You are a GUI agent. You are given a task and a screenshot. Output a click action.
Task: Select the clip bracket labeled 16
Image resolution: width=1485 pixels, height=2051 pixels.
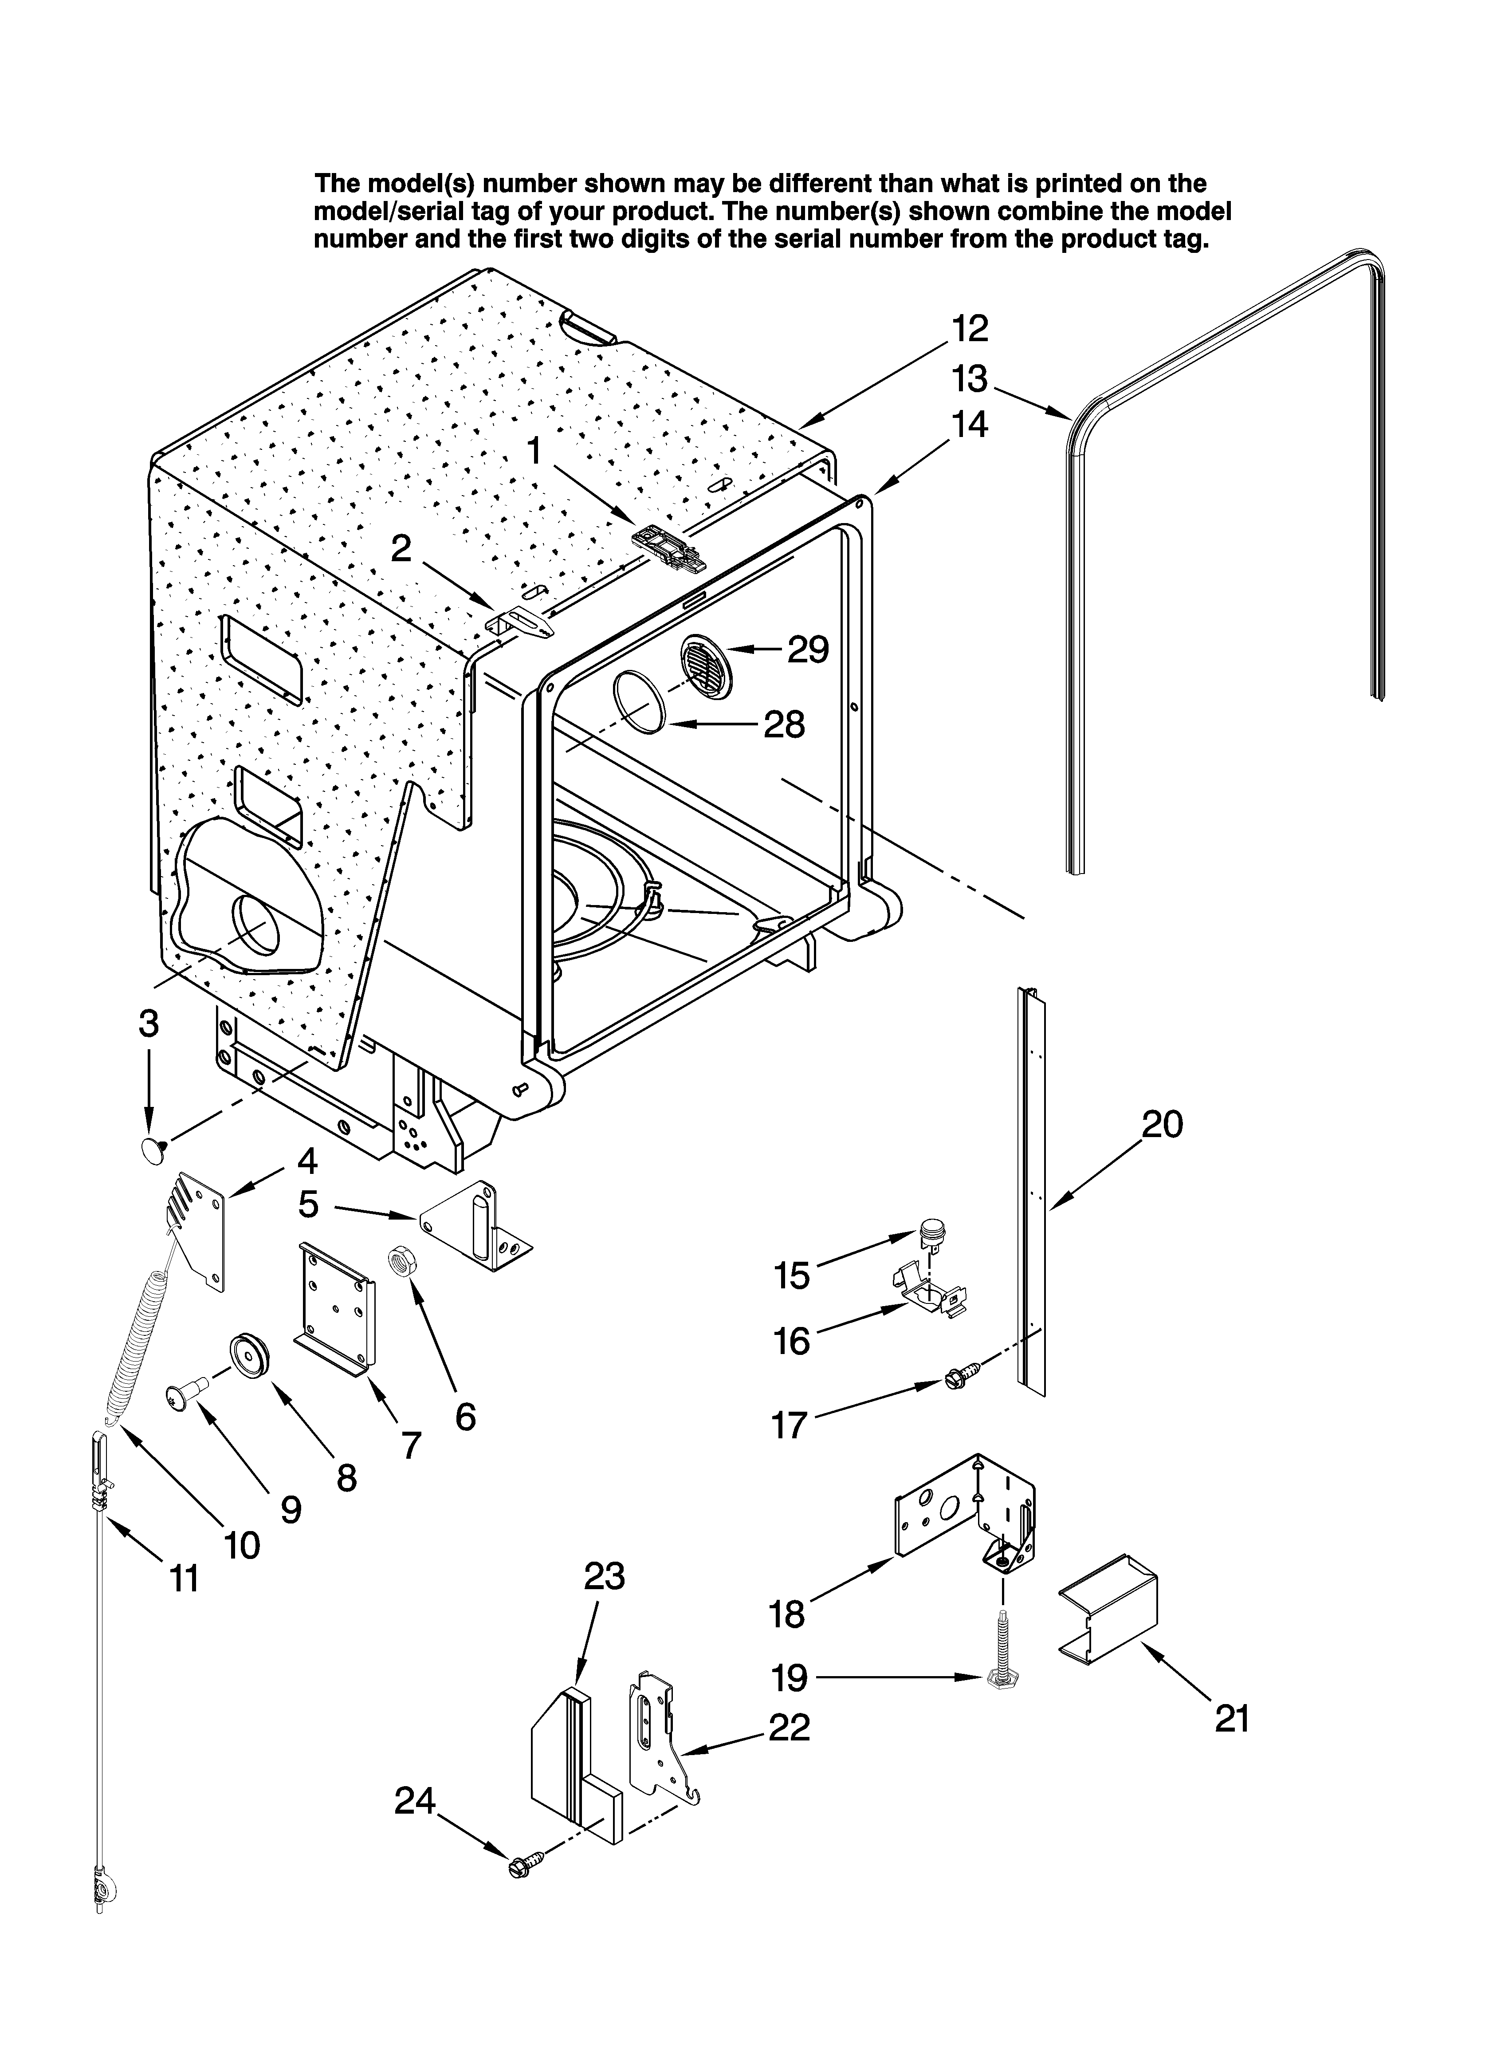point(931,1294)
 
